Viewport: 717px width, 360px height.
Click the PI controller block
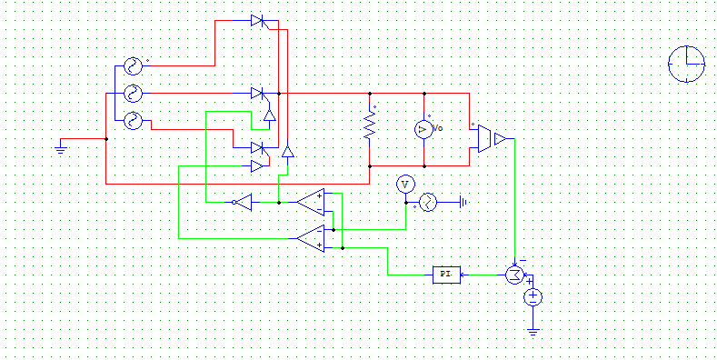446,274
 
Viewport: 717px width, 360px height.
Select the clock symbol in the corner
686,65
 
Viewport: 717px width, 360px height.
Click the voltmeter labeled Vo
423,130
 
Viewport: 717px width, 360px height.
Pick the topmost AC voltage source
133,66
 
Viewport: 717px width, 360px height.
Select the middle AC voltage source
133,93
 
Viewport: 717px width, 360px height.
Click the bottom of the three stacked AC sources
133,119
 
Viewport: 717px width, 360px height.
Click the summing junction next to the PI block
515,274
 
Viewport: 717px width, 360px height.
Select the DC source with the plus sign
533,296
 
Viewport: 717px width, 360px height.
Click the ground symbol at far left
61,145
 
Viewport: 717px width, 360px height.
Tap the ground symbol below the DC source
533,331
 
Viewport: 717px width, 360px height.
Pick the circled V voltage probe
405,185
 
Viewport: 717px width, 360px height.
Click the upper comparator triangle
312,200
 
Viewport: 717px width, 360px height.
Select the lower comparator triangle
312,238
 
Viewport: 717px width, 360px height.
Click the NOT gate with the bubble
242,202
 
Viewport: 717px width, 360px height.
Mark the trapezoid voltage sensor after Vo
485,139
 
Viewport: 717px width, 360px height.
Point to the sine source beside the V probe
427,202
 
